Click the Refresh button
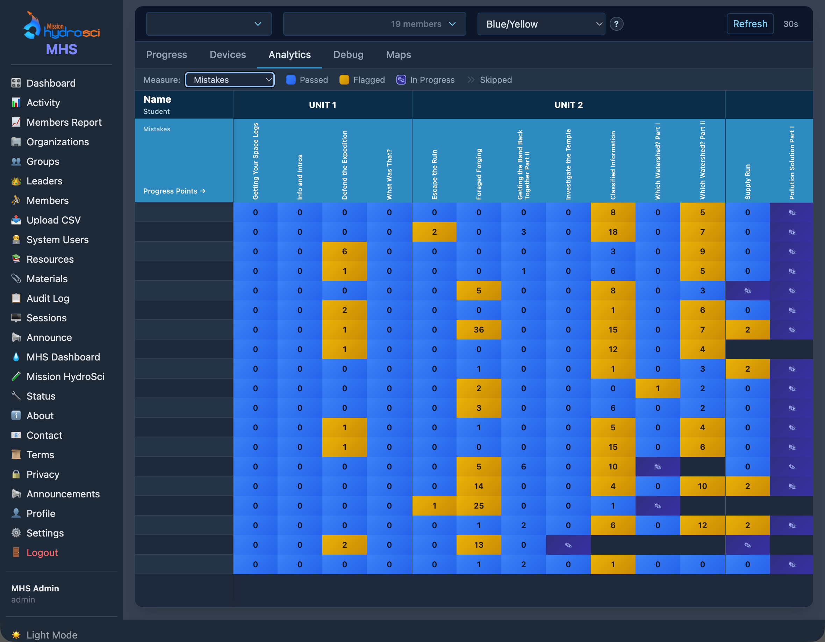point(749,24)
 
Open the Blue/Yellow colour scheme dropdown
point(540,24)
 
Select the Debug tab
point(348,55)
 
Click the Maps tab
point(398,55)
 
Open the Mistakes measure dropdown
point(230,80)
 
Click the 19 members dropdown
point(374,24)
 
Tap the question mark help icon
point(616,24)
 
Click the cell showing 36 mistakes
point(478,330)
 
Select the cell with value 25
point(478,506)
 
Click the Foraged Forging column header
point(479,174)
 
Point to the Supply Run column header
point(747,181)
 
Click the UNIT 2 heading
point(568,105)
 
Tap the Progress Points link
point(174,191)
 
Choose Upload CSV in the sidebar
point(53,220)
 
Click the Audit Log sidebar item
point(48,299)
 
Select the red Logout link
point(42,553)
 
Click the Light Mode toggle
point(51,635)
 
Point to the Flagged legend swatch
point(344,80)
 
